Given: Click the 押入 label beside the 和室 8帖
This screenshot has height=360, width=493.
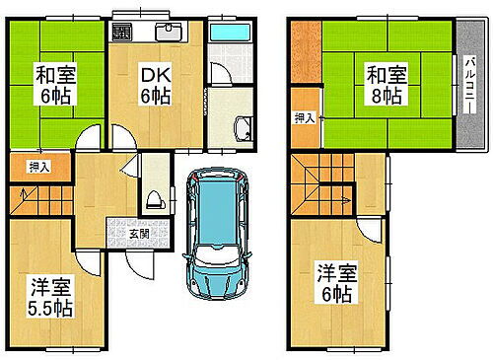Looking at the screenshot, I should point(305,119).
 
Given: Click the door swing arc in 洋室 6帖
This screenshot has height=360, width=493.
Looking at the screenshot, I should point(370,232).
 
